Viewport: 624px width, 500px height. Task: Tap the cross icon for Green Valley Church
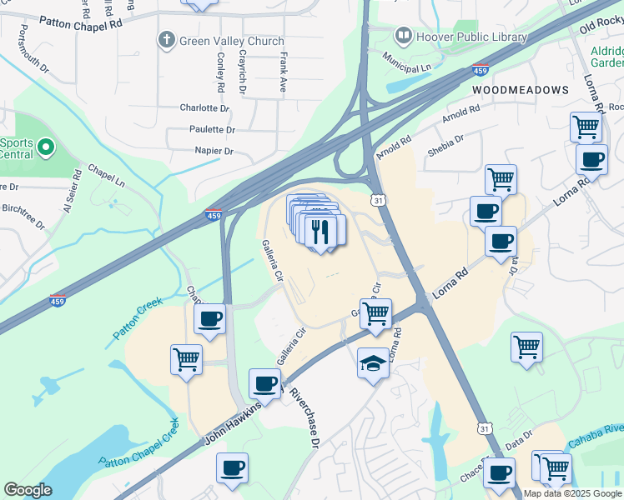(x=167, y=39)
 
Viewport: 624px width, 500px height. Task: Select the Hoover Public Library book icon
(x=404, y=36)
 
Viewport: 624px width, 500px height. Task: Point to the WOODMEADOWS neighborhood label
(x=521, y=89)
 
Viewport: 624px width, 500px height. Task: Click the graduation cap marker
(x=373, y=362)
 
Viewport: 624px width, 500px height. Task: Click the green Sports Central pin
(x=46, y=148)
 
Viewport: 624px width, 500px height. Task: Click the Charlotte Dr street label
(x=204, y=108)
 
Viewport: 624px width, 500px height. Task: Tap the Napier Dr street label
(x=214, y=152)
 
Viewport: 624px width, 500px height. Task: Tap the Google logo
(x=28, y=490)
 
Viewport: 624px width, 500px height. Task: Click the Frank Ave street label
(x=284, y=72)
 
